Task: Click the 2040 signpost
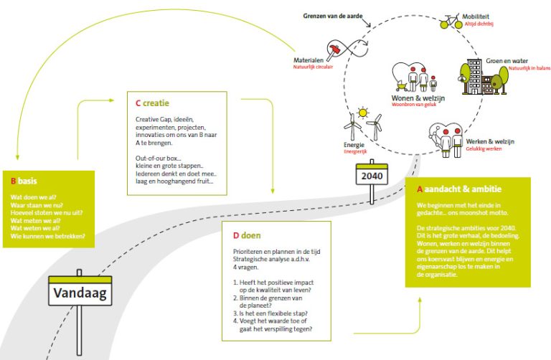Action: pyautogui.click(x=373, y=175)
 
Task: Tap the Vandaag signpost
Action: pyautogui.click(x=79, y=294)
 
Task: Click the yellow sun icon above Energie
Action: pyautogui.click(x=363, y=113)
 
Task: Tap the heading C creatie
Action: pyautogui.click(x=152, y=103)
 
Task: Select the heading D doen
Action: pyautogui.click(x=245, y=235)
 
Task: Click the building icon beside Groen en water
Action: pyautogui.click(x=472, y=77)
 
